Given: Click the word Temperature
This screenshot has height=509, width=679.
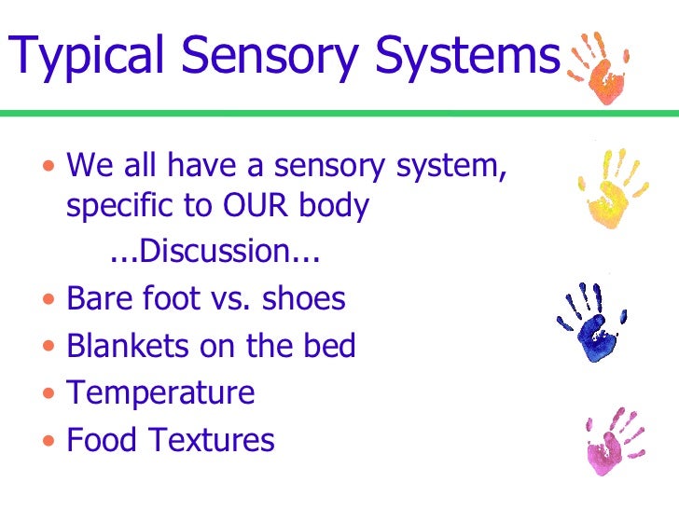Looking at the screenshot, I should [160, 392].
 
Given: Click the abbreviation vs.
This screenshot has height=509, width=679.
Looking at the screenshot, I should [229, 299].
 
